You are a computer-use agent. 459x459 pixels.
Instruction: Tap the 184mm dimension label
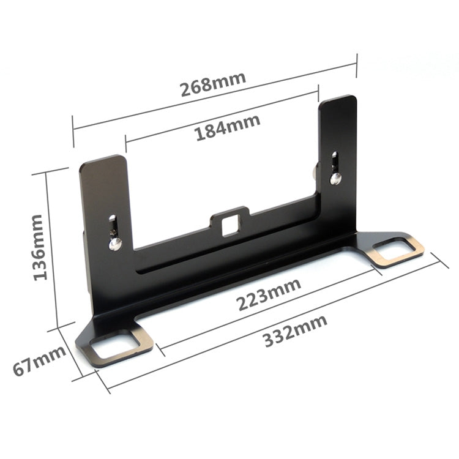(228, 128)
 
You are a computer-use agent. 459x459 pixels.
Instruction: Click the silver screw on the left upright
(114, 244)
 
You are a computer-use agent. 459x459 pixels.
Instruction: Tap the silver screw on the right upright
(336, 179)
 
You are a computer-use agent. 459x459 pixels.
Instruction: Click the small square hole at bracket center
(229, 225)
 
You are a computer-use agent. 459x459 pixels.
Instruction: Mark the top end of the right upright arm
(337, 99)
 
